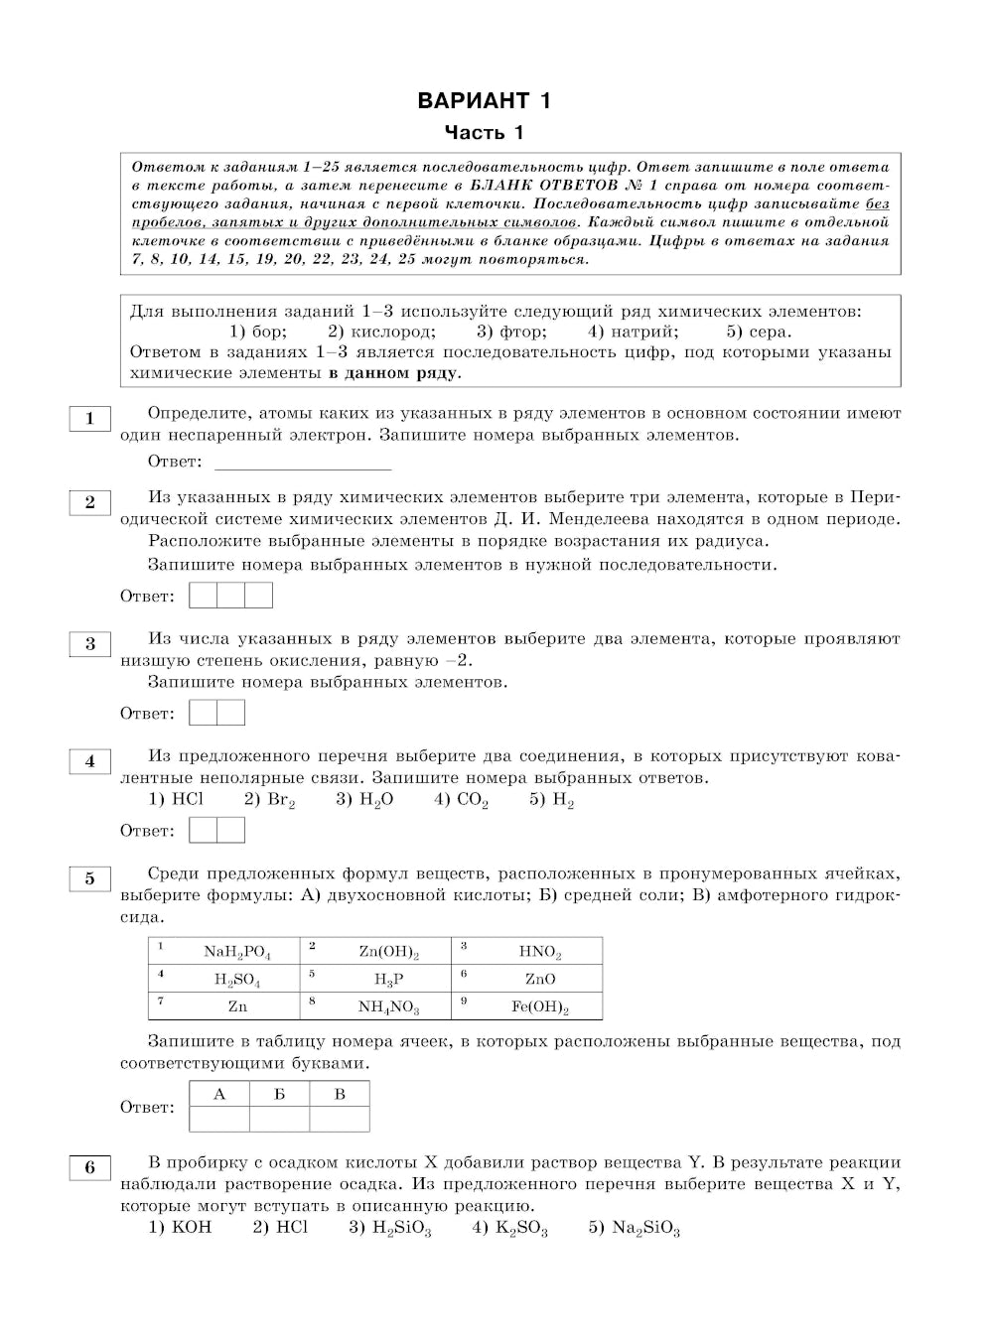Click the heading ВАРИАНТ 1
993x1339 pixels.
click(x=484, y=100)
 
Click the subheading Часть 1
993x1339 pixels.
click(x=484, y=133)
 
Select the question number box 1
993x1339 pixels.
click(x=89, y=419)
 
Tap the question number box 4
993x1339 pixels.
click(x=89, y=761)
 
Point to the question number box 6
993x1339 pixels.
click(x=89, y=1167)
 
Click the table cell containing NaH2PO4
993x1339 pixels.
click(x=224, y=951)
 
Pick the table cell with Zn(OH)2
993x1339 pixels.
click(x=376, y=951)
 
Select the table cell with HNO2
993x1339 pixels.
click(x=527, y=951)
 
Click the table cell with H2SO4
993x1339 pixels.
click(x=224, y=979)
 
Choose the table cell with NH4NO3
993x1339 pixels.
click(x=376, y=1006)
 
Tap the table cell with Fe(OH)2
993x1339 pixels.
click(x=527, y=1006)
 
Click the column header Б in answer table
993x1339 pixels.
click(x=280, y=1094)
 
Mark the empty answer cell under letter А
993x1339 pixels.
click(x=219, y=1120)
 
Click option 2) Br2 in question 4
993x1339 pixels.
click(x=269, y=800)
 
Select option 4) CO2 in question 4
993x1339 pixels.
click(x=461, y=800)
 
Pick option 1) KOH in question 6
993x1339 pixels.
click(x=180, y=1228)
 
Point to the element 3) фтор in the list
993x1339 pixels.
click(x=510, y=332)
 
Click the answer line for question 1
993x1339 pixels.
click(x=303, y=463)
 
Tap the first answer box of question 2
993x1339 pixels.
click(x=203, y=596)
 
